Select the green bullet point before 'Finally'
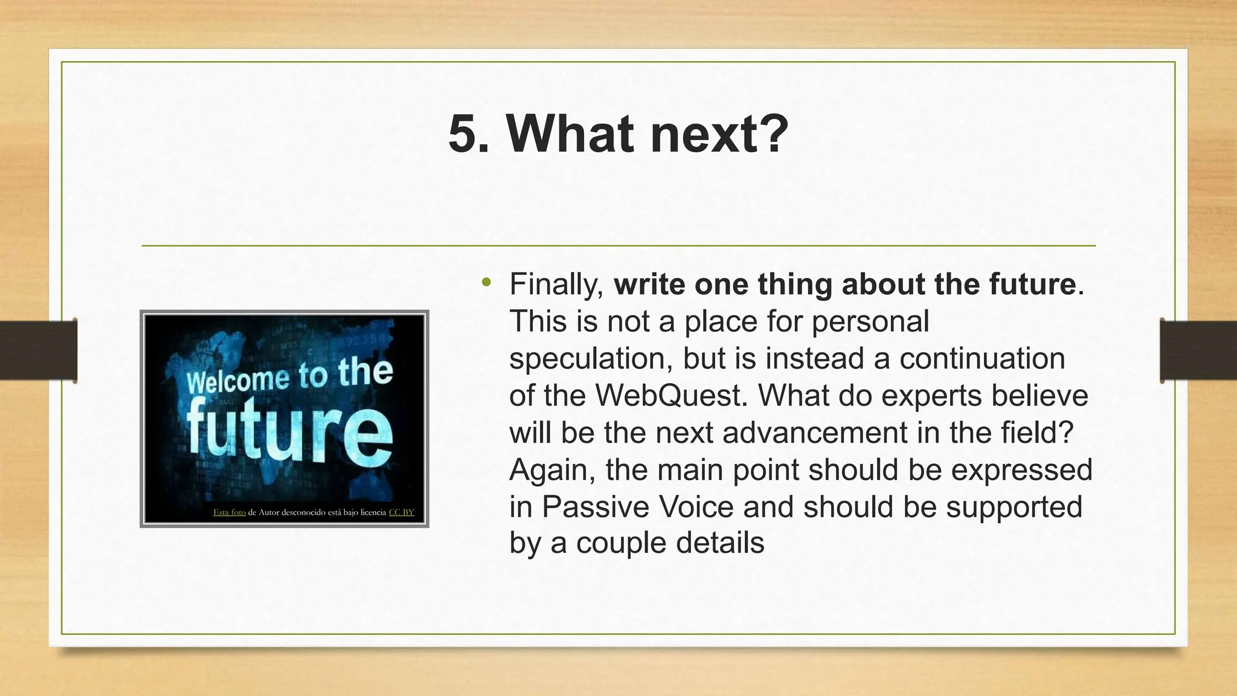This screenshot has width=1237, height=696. [x=486, y=282]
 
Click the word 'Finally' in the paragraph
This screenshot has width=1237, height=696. [x=556, y=285]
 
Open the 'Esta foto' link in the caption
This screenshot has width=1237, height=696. [x=229, y=512]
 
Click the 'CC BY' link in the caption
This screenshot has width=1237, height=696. [x=401, y=512]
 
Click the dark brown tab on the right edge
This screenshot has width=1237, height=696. [x=1198, y=351]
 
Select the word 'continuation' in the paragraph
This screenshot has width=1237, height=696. [x=982, y=359]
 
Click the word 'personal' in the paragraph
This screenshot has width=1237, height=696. [x=870, y=321]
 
